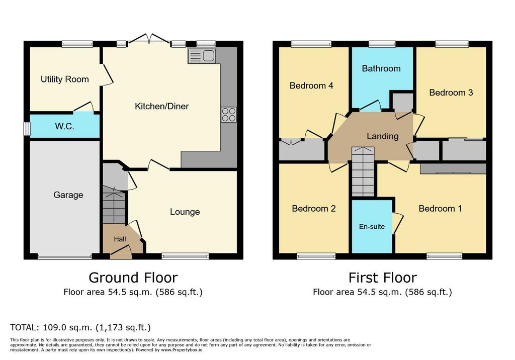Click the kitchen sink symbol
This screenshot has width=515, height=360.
pyautogui.click(x=202, y=56)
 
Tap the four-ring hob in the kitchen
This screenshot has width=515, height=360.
pyautogui.click(x=229, y=115)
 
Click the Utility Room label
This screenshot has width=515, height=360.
pyautogui.click(x=65, y=79)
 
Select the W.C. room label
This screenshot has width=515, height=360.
pyautogui.click(x=65, y=126)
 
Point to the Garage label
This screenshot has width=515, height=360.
pyautogui.click(x=68, y=195)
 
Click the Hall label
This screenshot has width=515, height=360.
pyautogui.click(x=120, y=239)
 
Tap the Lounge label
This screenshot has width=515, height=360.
pyautogui.click(x=185, y=212)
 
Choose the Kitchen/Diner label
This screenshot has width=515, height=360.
pyautogui.click(x=162, y=107)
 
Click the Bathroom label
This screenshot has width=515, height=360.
pyautogui.click(x=381, y=68)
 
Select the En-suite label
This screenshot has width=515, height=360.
pyautogui.click(x=372, y=226)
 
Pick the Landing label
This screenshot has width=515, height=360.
pyautogui.click(x=383, y=136)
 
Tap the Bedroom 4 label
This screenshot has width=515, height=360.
pyautogui.click(x=311, y=86)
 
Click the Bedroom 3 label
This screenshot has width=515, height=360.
pyautogui.click(x=451, y=93)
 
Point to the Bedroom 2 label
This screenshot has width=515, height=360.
pyautogui.click(x=314, y=209)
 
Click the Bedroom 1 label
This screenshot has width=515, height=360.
pyautogui.click(x=440, y=209)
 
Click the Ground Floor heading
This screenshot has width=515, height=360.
pyautogui.click(x=133, y=278)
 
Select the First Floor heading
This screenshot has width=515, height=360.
pyautogui.click(x=383, y=278)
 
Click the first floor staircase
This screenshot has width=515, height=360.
pyautogui.click(x=363, y=171)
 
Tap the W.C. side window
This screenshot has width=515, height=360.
pyautogui.click(x=27, y=129)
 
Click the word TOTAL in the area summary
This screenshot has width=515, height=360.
pyautogui.click(x=24, y=327)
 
